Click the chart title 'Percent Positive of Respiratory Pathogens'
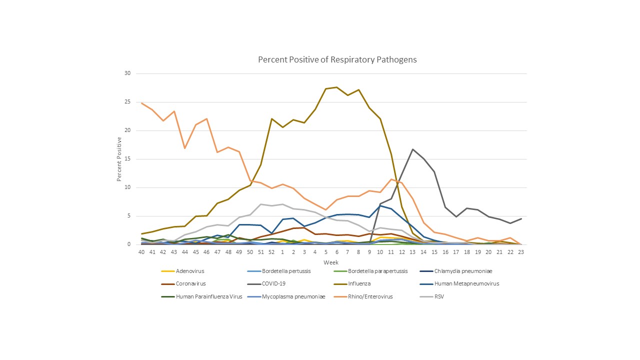tap(337, 59)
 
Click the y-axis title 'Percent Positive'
tap(119, 159)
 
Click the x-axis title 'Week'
tap(330, 262)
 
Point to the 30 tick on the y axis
tap(127, 73)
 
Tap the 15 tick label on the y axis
tap(127, 159)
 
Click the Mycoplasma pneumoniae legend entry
tap(298, 296)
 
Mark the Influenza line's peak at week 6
tap(336, 87)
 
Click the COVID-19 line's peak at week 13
tap(412, 149)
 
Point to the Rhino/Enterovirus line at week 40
tap(142, 103)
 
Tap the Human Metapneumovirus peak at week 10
tap(380, 205)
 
